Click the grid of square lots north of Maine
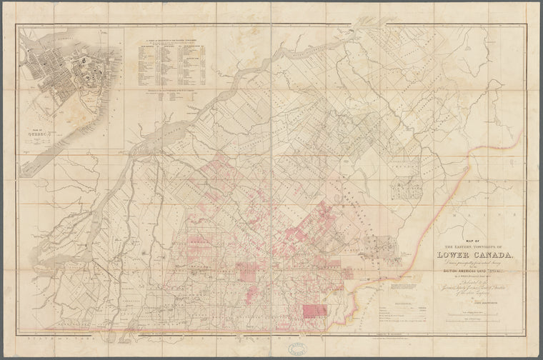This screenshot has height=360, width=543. pos(410,186)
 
